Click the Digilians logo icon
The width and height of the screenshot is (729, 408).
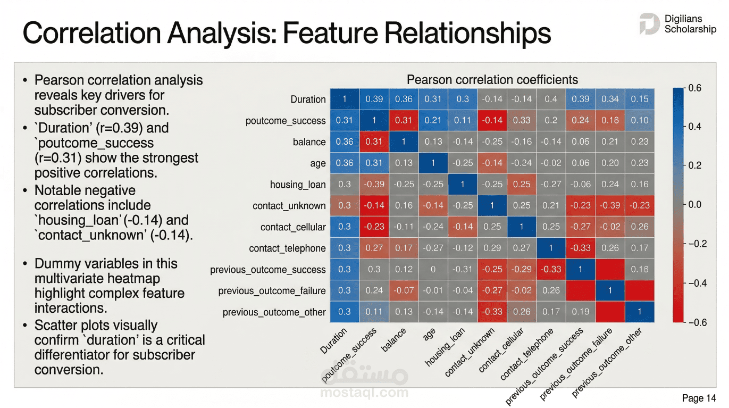click(x=649, y=24)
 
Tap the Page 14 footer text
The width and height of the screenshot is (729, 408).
click(x=699, y=398)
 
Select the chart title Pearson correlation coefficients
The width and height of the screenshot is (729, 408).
click(x=492, y=80)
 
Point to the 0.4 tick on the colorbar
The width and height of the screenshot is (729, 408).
click(x=695, y=127)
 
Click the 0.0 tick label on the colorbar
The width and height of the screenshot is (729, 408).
click(x=695, y=205)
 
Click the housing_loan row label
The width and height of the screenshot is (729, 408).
click(x=298, y=185)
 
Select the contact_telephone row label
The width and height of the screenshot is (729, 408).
click(x=287, y=248)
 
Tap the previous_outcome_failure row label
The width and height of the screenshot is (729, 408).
click(x=272, y=291)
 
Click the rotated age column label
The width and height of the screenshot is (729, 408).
click(x=429, y=334)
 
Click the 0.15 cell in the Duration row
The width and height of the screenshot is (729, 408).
click(x=640, y=99)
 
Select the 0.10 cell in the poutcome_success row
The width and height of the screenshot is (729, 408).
click(x=640, y=120)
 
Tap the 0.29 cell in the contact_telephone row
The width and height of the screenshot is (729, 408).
click(x=492, y=248)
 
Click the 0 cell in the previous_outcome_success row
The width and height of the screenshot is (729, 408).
click(x=433, y=269)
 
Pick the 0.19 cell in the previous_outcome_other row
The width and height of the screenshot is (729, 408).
click(x=580, y=312)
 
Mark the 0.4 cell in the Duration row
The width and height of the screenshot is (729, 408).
click(x=551, y=99)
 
